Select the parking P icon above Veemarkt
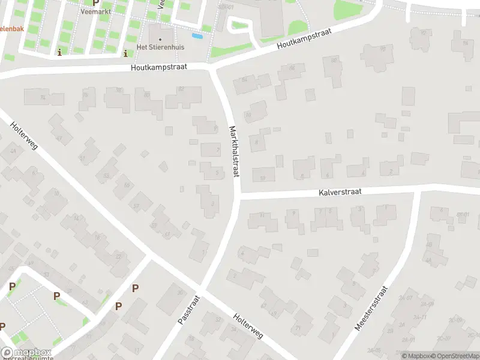tap(95, 2)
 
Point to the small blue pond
tap(197, 35)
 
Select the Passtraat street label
tap(188, 310)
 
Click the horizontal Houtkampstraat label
tap(160, 68)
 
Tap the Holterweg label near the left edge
tap(24, 137)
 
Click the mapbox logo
tap(26, 352)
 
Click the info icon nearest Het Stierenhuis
tap(125, 53)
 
